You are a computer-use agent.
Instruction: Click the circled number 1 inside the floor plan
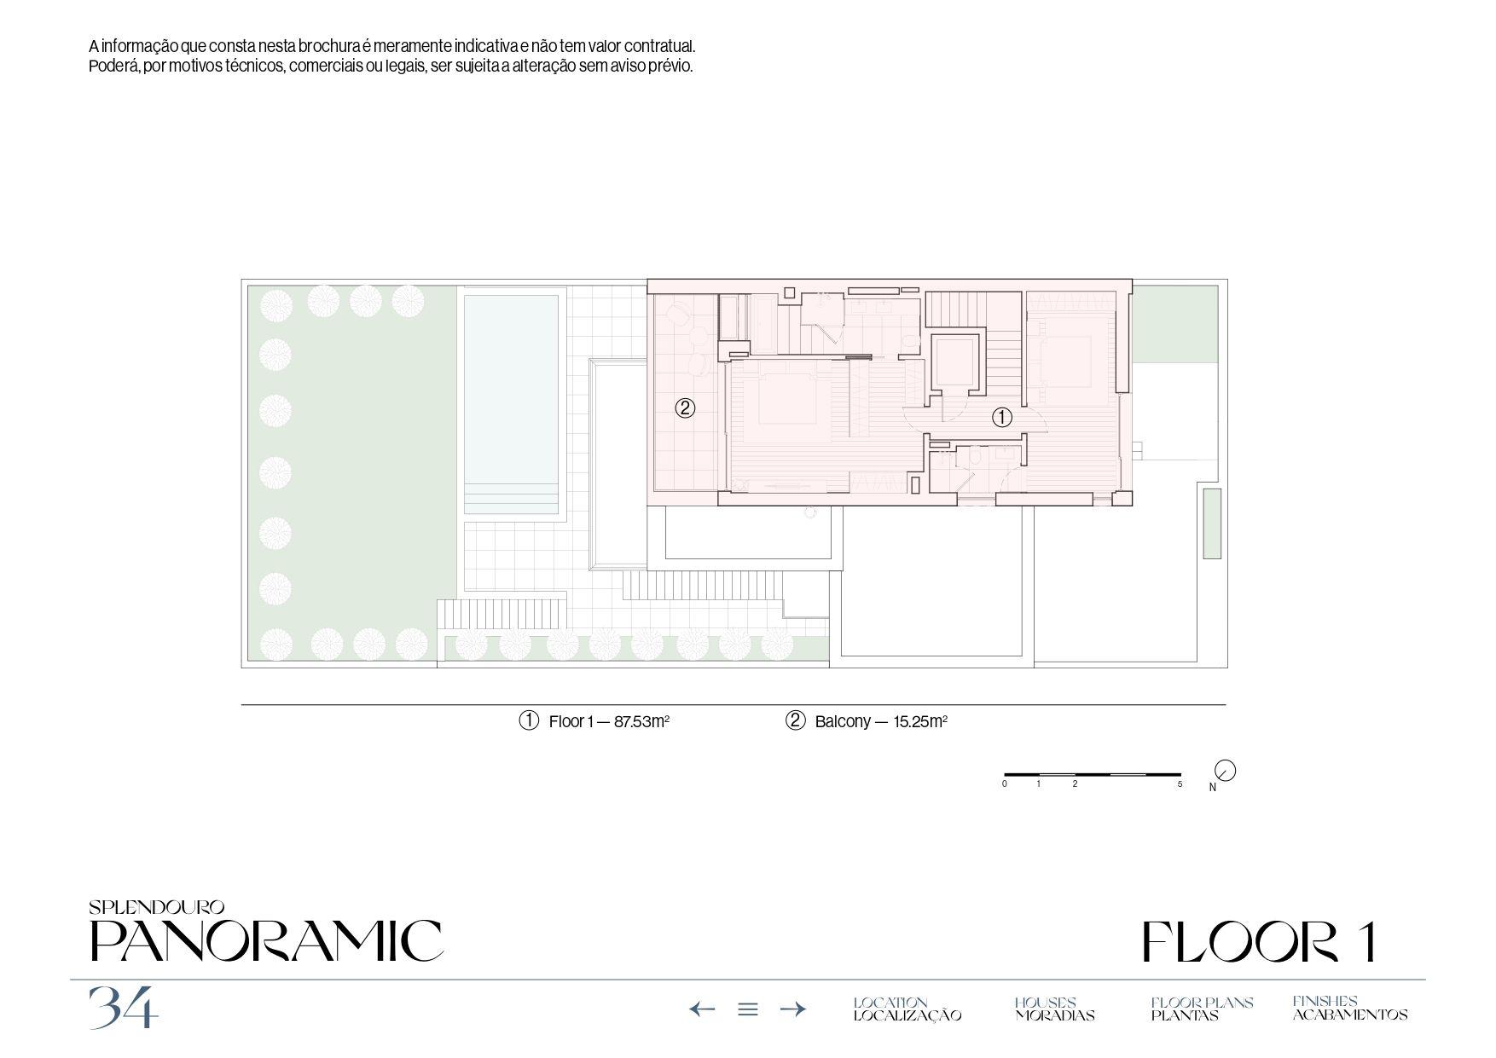(x=1001, y=418)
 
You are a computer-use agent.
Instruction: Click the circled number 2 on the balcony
(x=685, y=408)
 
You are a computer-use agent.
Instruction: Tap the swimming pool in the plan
(x=512, y=405)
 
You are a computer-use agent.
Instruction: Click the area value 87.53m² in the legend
(x=641, y=721)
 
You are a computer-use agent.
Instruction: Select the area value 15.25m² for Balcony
(x=920, y=721)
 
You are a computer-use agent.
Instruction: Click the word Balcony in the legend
(x=843, y=721)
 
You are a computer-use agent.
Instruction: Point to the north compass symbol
(x=1225, y=771)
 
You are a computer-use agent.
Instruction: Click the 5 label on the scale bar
(x=1180, y=783)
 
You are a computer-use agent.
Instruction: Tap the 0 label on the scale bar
(x=1005, y=783)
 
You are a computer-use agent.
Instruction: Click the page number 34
(x=124, y=1007)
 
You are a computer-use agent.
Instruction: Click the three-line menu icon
(x=748, y=1009)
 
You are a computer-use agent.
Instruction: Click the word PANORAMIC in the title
(x=266, y=941)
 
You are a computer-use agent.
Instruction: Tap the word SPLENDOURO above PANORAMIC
(x=156, y=908)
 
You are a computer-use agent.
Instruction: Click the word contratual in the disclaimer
(x=659, y=46)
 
